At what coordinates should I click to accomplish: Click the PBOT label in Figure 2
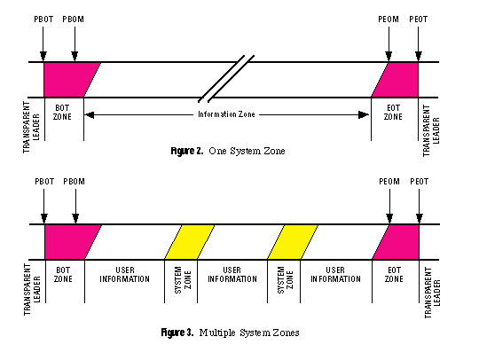[43, 20]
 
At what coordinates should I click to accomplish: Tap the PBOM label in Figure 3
[74, 182]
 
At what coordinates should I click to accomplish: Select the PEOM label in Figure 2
[389, 20]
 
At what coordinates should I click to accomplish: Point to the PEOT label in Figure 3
[419, 182]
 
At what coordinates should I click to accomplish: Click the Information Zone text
[226, 114]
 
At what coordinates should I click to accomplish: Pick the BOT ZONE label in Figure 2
[62, 113]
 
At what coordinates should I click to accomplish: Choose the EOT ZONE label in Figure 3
[394, 275]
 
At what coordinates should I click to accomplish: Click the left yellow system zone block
[190, 242]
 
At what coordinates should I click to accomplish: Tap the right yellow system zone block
[293, 242]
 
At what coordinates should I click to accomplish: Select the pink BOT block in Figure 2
[68, 80]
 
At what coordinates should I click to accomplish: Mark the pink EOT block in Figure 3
[398, 242]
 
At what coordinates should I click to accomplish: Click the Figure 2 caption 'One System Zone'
[247, 151]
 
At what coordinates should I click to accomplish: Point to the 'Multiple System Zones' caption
[249, 333]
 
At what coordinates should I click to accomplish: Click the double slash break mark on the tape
[226, 79]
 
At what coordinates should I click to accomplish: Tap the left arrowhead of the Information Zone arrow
[90, 115]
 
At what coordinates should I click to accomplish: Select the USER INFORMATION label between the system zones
[232, 275]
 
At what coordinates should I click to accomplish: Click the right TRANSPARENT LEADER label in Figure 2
[431, 130]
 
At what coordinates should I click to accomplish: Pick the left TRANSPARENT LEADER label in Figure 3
[32, 289]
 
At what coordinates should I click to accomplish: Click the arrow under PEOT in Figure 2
[418, 43]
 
